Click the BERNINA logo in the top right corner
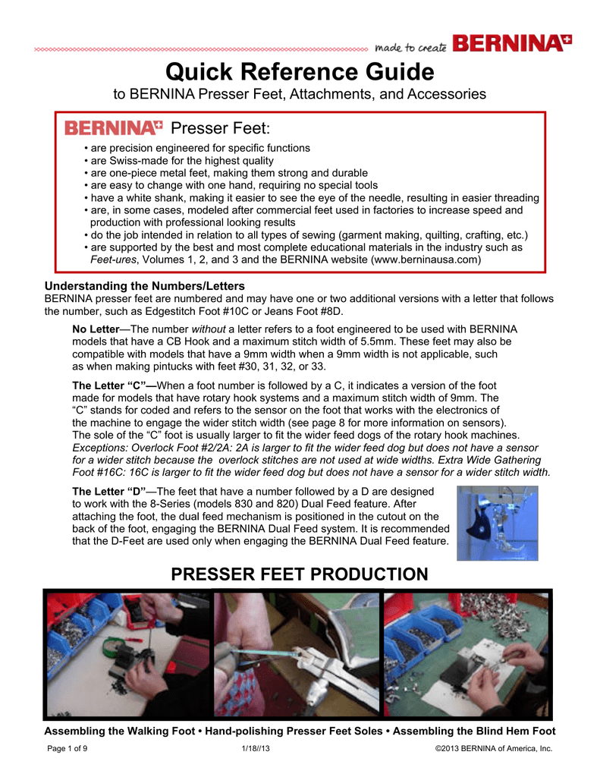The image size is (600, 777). click(x=512, y=43)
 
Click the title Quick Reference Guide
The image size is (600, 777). click(x=300, y=73)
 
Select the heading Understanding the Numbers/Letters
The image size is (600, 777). click(x=145, y=286)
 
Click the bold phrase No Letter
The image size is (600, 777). click(x=95, y=330)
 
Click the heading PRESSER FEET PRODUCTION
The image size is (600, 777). click(x=300, y=574)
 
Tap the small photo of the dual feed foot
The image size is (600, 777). click(x=497, y=523)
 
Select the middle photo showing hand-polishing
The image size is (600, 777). click(x=297, y=654)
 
